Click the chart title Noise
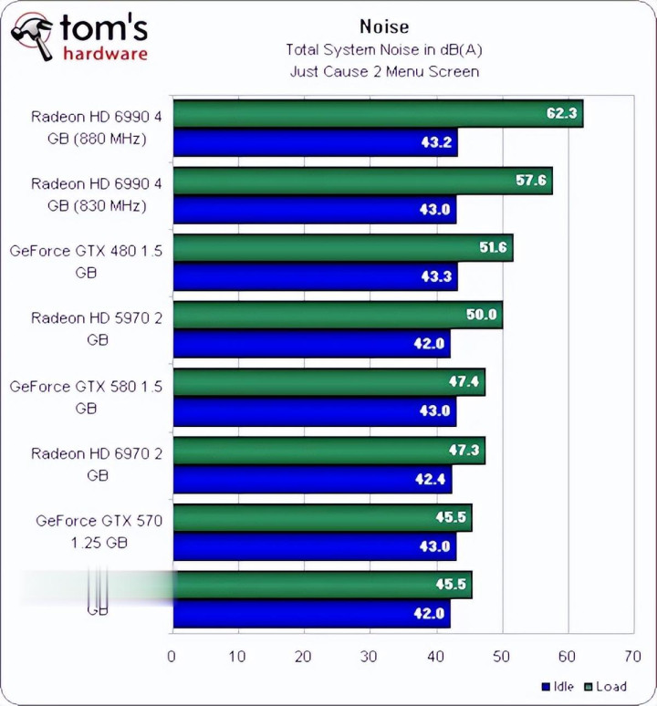[384, 27]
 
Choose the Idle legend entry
[558, 687]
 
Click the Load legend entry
[606, 687]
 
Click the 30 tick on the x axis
[370, 655]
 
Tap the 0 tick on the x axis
[172, 655]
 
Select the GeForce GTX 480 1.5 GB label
[86, 262]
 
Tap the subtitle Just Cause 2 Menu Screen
[384, 70]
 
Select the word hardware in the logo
[104, 54]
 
